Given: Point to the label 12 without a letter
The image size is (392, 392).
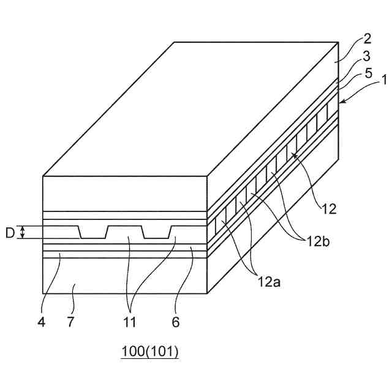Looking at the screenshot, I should [x=329, y=209].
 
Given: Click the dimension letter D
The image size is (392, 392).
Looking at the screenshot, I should [x=9, y=233].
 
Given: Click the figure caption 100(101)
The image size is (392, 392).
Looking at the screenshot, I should [x=149, y=352].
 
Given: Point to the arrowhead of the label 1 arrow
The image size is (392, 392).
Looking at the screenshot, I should [x=341, y=102].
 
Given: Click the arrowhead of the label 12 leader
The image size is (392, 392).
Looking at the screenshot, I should [x=294, y=154].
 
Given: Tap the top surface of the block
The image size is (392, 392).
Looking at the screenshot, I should [x=190, y=110].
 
